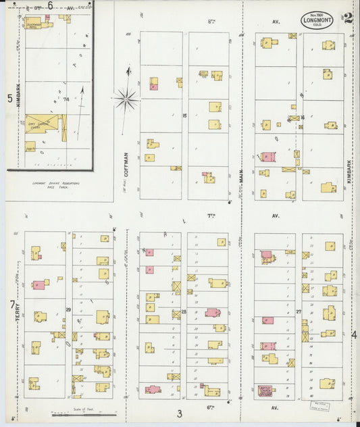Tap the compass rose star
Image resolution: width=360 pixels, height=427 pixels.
[126, 100]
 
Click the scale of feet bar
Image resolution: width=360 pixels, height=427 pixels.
[71, 413]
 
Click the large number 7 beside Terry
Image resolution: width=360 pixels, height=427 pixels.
[11, 305]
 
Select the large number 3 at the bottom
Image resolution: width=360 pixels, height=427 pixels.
[180, 413]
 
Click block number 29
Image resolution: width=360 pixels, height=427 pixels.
[68, 309]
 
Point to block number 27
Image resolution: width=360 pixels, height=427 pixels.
[298, 311]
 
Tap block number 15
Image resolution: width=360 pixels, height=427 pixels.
[184, 116]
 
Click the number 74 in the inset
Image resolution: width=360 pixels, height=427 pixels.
[66, 99]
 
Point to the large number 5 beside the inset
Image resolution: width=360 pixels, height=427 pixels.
[9, 98]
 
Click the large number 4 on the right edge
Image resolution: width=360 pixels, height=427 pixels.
[353, 334]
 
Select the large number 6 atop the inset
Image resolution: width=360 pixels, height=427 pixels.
[50, 5]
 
